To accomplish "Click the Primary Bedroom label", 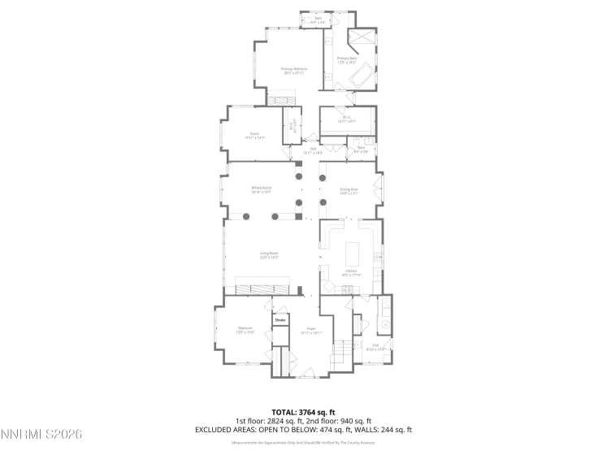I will click(293, 71).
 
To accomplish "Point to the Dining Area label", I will click(349, 191).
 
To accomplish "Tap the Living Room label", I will click(269, 256).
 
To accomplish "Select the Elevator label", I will click(280, 321).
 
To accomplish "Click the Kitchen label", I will click(351, 272).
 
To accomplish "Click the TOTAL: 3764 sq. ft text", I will click(303, 413).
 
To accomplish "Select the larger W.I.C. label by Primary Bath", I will click(347, 119).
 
